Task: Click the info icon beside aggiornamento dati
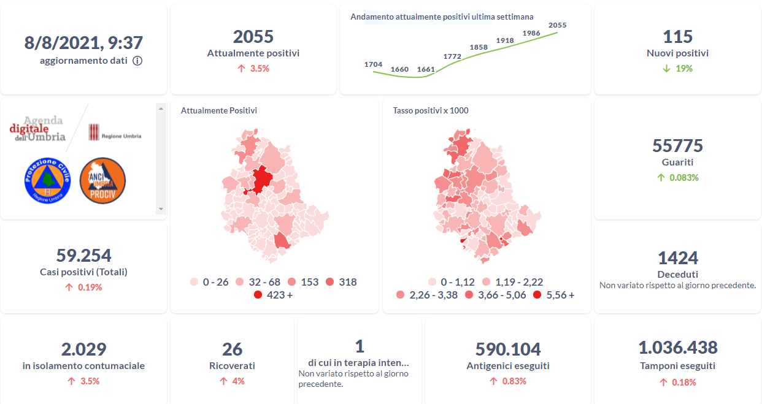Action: tap(137, 61)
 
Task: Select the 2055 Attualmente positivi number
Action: tap(253, 37)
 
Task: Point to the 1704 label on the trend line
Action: tap(373, 64)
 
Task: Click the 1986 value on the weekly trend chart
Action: tap(531, 33)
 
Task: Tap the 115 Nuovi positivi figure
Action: tap(677, 37)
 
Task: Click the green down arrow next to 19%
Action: tap(666, 69)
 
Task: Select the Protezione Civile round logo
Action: tap(47, 180)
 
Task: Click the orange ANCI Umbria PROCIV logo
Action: tap(102, 180)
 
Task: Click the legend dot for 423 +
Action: tap(258, 295)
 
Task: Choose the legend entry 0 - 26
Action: tap(209, 282)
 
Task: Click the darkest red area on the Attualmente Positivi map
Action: tap(261, 179)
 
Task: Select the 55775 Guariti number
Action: tap(677, 146)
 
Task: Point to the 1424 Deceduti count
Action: tap(677, 257)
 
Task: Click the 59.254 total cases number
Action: tap(83, 255)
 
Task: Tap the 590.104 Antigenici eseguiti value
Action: tap(508, 349)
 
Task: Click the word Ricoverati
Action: tap(232, 366)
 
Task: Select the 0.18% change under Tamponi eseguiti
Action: tap(683, 383)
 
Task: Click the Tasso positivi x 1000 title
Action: tap(431, 110)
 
